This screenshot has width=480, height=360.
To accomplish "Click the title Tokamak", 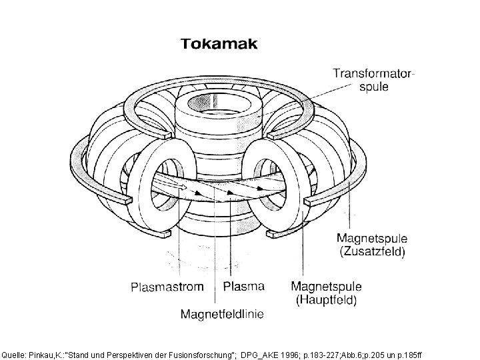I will coord(221,45).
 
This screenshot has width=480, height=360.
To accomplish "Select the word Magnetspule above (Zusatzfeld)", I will coord(373,239).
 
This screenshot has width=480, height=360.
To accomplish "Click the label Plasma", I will coord(243,287).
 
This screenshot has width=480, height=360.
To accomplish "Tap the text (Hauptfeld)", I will coord(327,300).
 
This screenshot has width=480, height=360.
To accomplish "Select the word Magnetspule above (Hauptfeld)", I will coord(327,287).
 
